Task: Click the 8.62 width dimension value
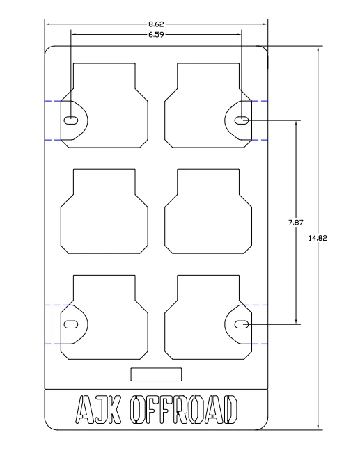pos(156,24)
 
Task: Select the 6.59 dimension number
pos(156,35)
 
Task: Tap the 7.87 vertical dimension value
pos(296,223)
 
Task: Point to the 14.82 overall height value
pos(318,238)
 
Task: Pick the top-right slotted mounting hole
pos(242,120)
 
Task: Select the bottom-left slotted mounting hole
pos(71,324)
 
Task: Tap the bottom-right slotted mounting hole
pos(242,324)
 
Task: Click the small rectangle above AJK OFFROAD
pos(156,374)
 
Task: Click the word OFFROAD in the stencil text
pos(184,410)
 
